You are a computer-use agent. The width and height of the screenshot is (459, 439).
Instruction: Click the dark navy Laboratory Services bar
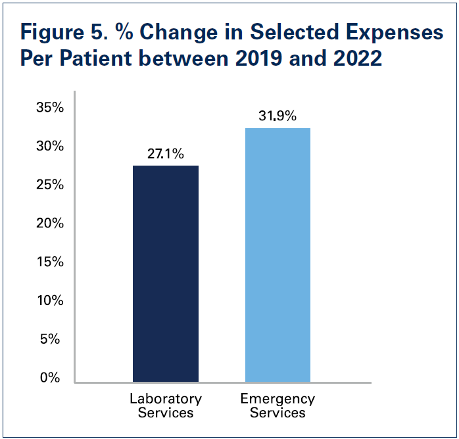coord(166,273)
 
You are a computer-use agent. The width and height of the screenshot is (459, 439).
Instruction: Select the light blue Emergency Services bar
coord(278,254)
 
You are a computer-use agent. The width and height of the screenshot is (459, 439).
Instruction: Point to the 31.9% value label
coord(278,116)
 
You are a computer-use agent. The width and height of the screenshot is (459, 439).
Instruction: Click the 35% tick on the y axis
coord(50,107)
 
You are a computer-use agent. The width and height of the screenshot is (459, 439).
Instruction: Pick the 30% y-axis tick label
coord(50,146)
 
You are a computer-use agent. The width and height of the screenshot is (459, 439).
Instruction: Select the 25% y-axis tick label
coord(50,185)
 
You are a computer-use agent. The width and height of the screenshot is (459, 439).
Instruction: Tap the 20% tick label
coord(50,223)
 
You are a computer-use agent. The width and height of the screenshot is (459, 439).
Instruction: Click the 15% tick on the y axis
coord(50,262)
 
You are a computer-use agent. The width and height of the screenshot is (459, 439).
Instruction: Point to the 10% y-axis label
coord(50,300)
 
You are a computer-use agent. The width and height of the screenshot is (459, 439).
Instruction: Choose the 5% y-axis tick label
coord(53,339)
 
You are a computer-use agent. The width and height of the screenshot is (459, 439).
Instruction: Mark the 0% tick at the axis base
coord(53,378)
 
